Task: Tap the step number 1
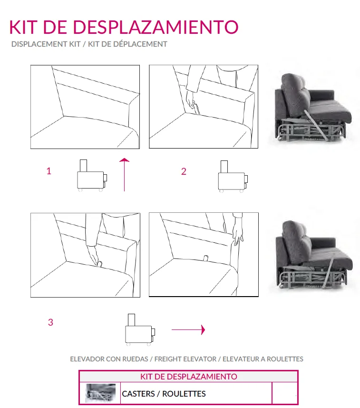[49, 171]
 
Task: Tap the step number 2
[184, 172]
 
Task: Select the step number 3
[50, 322]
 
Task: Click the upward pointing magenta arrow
[124, 174]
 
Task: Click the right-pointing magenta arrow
[188, 329]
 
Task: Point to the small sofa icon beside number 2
[232, 177]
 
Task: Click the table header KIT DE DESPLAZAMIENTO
[188, 377]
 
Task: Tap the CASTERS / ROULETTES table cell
[164, 394]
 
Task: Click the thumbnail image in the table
[100, 394]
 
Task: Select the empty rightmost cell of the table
[284, 394]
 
